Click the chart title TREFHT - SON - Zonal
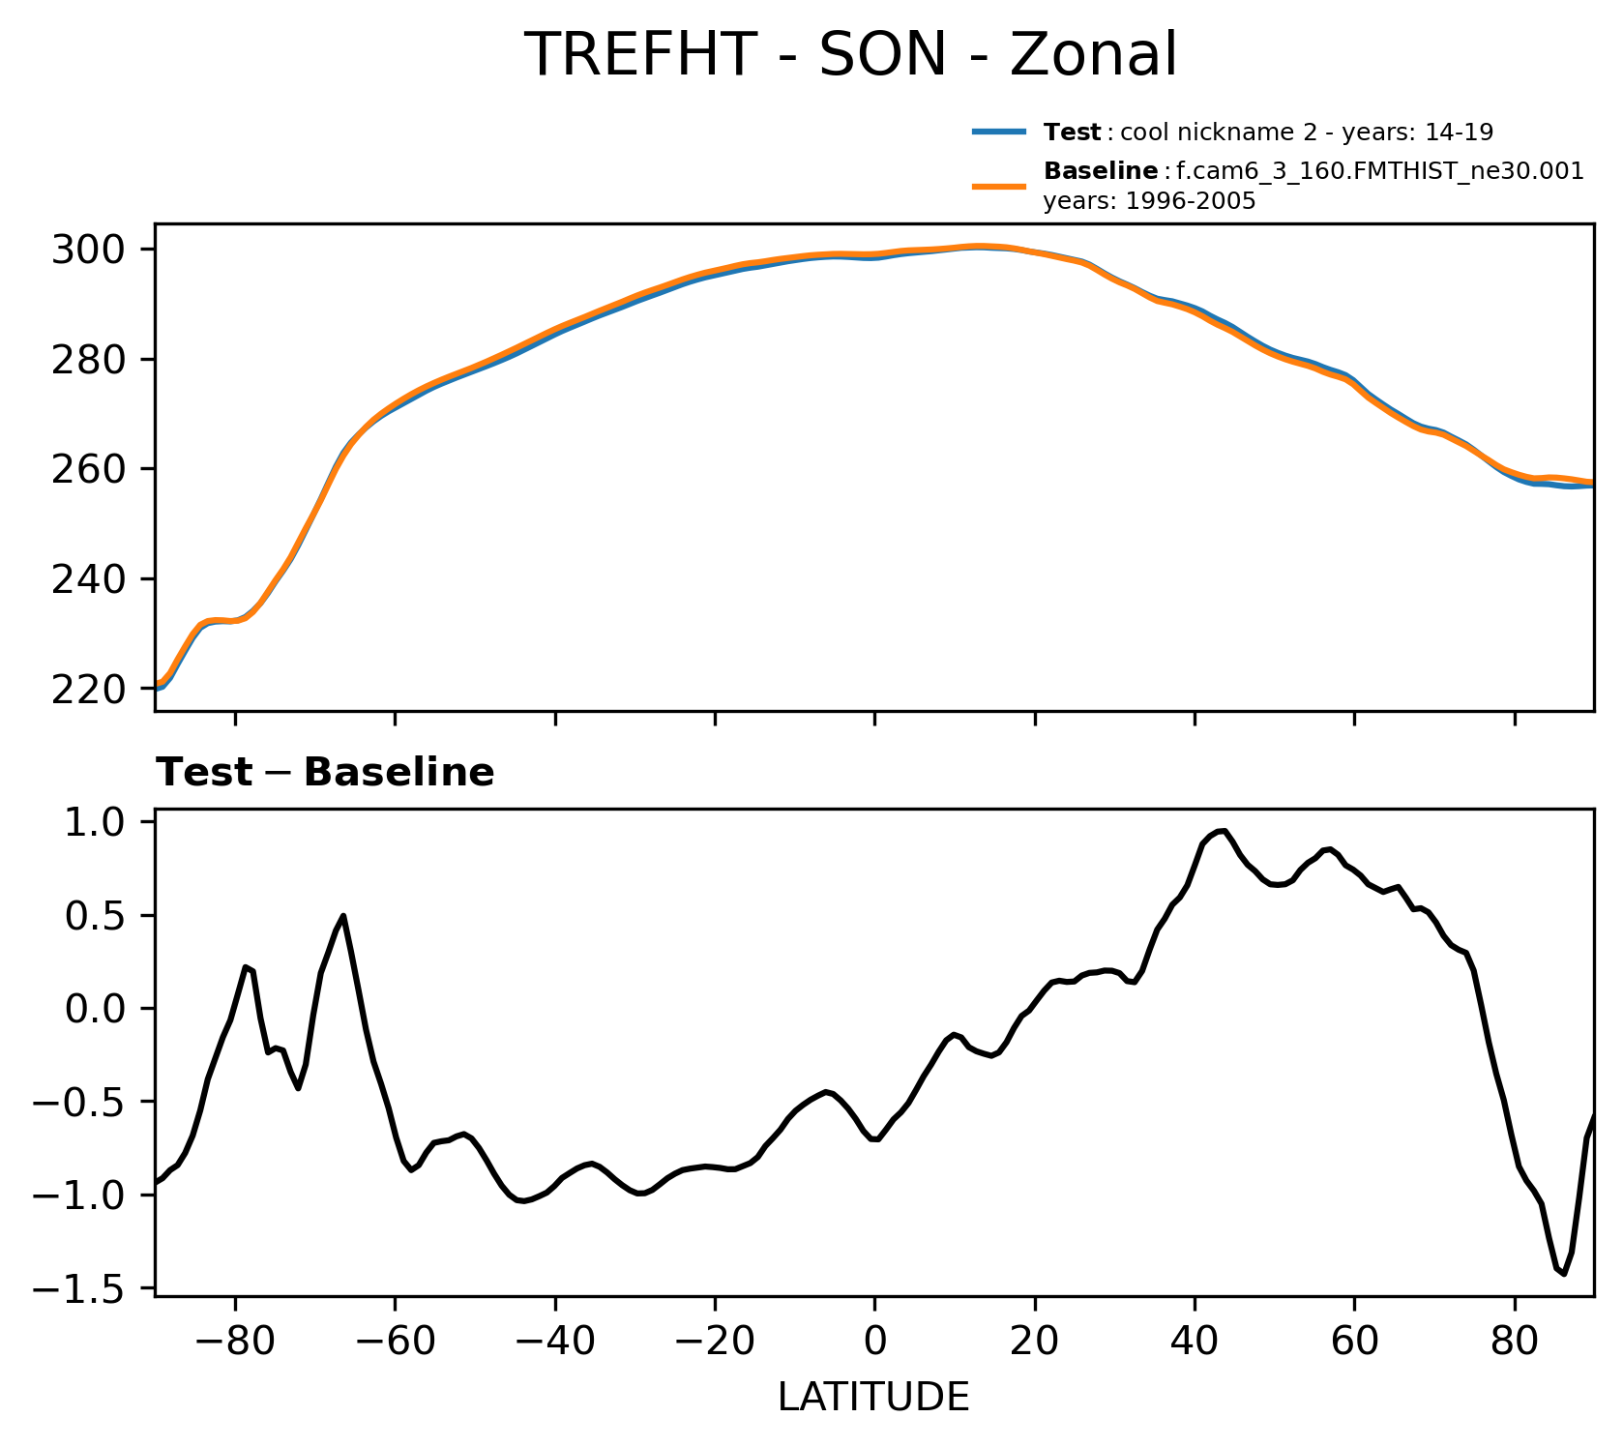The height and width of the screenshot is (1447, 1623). click(850, 54)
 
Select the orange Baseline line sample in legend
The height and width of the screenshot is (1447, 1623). click(998, 186)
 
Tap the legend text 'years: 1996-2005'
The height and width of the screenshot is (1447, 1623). click(1149, 201)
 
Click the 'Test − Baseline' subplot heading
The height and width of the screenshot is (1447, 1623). click(325, 773)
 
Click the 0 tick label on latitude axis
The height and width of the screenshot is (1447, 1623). click(874, 1344)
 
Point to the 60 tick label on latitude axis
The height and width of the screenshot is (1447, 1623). click(1354, 1344)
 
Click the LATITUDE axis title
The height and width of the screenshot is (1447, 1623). click(873, 1397)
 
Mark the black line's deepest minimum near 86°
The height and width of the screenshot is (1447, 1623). click(1563, 1274)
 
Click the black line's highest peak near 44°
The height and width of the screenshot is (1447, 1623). click(1225, 830)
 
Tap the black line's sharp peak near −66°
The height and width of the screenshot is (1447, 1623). click(343, 915)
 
